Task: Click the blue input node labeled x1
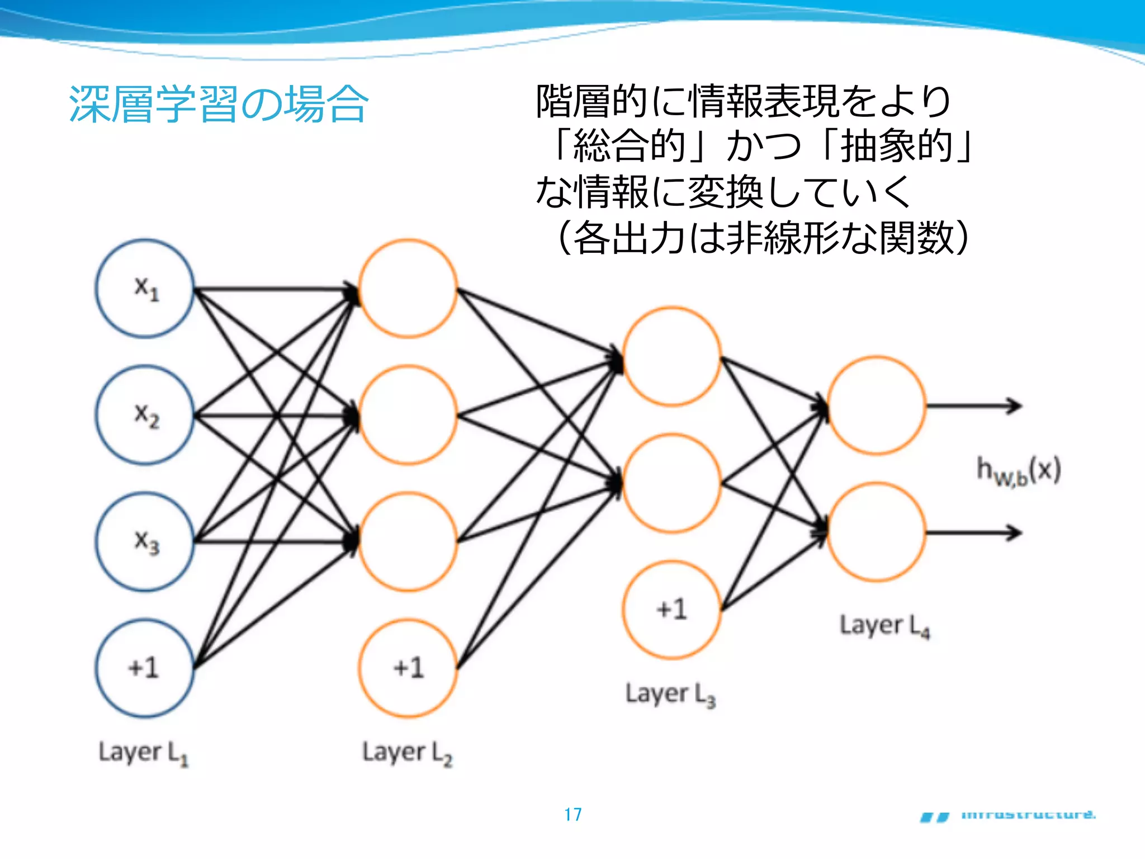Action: [x=145, y=289]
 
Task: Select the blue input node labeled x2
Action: [x=145, y=415]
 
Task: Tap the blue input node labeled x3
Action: [x=145, y=541]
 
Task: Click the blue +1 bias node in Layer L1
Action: [x=145, y=668]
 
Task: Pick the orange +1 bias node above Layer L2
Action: [x=408, y=668]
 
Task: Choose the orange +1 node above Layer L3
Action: [x=671, y=610]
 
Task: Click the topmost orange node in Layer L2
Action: [x=408, y=289]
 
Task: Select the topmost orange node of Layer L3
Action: [x=671, y=356]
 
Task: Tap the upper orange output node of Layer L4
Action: [x=876, y=405]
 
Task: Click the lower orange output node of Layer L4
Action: [x=876, y=532]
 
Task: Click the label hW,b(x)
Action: [x=1018, y=471]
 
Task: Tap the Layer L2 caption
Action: [x=407, y=753]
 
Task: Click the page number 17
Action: [x=572, y=814]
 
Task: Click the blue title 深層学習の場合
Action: [x=218, y=104]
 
